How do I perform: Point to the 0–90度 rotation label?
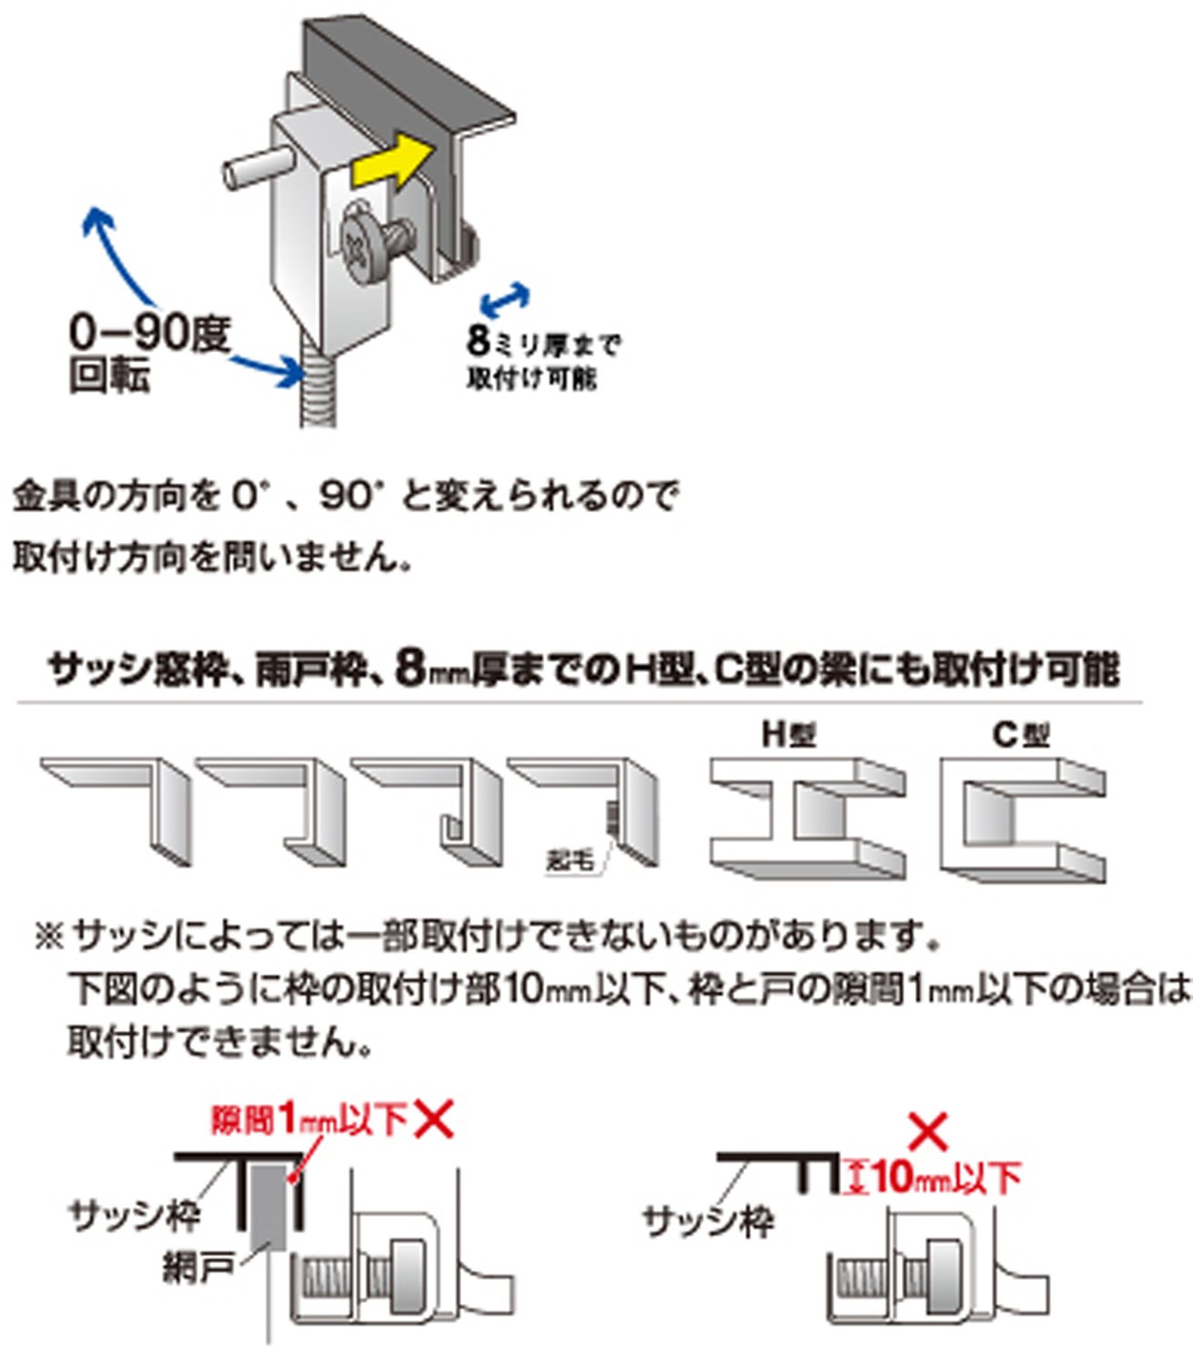coord(149,334)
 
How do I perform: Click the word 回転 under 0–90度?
coord(109,376)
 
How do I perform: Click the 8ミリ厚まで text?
coord(543,343)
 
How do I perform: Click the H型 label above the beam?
coord(788,733)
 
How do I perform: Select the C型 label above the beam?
coord(1021,733)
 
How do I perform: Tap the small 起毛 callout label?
coord(571,858)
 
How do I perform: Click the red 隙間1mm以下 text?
coord(309,1119)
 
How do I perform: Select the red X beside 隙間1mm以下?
coord(434,1119)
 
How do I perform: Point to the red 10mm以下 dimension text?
coord(946,1178)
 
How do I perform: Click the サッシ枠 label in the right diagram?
coord(707,1219)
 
